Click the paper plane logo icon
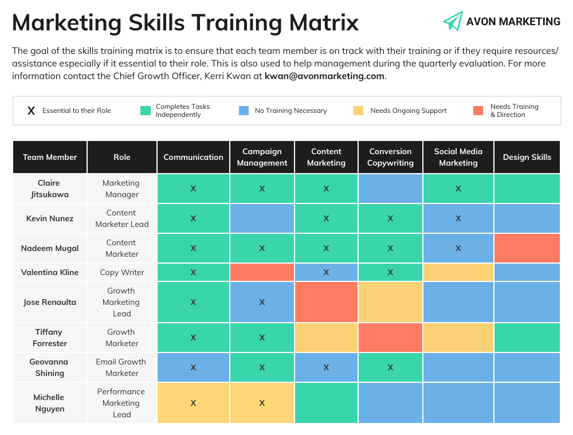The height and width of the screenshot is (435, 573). click(453, 21)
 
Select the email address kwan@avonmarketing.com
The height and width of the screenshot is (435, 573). click(324, 76)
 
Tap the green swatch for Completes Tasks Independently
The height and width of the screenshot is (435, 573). click(146, 111)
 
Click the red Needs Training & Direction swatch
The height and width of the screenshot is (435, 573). click(478, 111)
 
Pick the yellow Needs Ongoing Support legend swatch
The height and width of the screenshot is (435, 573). click(358, 111)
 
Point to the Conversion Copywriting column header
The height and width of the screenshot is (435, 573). click(390, 157)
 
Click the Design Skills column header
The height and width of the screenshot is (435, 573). click(527, 157)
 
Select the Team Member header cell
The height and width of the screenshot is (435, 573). click(50, 157)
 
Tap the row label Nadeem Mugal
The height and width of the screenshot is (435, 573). click(50, 248)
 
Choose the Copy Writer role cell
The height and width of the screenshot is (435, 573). click(121, 272)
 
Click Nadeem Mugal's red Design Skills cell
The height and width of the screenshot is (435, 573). click(527, 248)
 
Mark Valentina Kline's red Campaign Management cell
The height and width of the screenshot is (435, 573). click(262, 272)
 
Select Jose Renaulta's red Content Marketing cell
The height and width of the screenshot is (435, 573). click(326, 302)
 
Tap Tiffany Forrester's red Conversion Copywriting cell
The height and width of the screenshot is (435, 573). click(390, 338)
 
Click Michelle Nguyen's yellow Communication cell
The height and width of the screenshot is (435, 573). click(193, 403)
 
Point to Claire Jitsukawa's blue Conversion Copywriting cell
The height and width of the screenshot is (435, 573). click(390, 189)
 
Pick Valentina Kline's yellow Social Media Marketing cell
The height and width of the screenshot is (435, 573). click(458, 272)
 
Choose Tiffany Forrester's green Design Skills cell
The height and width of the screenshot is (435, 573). click(527, 338)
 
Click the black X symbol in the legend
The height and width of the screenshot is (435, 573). click(32, 111)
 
